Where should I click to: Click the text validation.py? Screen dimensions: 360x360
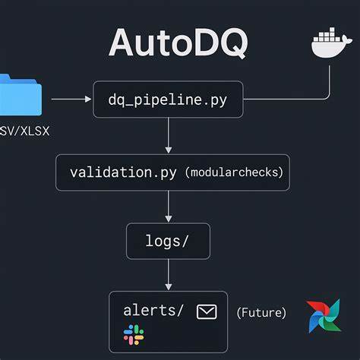(122, 172)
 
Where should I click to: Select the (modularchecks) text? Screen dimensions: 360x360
(234, 173)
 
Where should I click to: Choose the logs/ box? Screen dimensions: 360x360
(167, 242)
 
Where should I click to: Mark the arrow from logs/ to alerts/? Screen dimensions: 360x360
(169, 275)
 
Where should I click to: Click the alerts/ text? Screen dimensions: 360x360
(153, 310)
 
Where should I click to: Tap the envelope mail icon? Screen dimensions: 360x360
(207, 311)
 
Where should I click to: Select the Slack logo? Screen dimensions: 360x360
(134, 333)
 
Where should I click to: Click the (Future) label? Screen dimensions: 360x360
(261, 312)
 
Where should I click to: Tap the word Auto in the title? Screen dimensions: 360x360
(144, 43)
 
